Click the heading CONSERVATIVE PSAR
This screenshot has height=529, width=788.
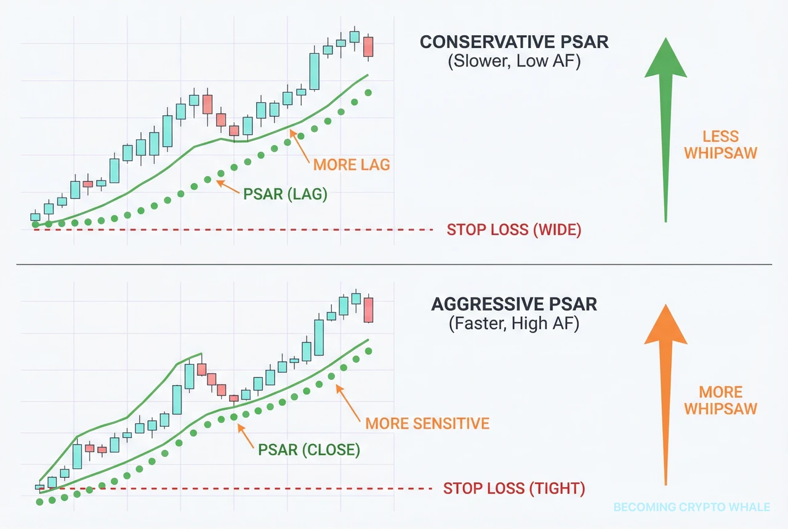click(x=514, y=42)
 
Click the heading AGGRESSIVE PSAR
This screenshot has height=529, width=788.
click(x=514, y=304)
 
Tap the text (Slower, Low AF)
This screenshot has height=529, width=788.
click(x=514, y=62)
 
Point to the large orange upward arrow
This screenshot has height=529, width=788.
click(x=665, y=394)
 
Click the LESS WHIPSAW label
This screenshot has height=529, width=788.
click(x=720, y=145)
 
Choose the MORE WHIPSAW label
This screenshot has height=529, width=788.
click(x=720, y=400)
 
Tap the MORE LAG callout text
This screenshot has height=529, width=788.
click(x=352, y=165)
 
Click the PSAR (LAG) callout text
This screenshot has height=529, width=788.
click(x=285, y=194)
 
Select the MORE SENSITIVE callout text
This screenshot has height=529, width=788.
click(x=427, y=424)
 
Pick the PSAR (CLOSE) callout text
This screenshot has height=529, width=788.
click(x=310, y=450)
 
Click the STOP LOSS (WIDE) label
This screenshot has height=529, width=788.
click(x=513, y=230)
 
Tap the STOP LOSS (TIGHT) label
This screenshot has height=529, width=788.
click(x=513, y=489)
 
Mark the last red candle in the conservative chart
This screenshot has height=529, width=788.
click(x=368, y=47)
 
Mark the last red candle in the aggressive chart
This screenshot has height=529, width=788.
click(x=368, y=310)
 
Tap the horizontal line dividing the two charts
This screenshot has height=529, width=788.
click(x=394, y=265)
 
